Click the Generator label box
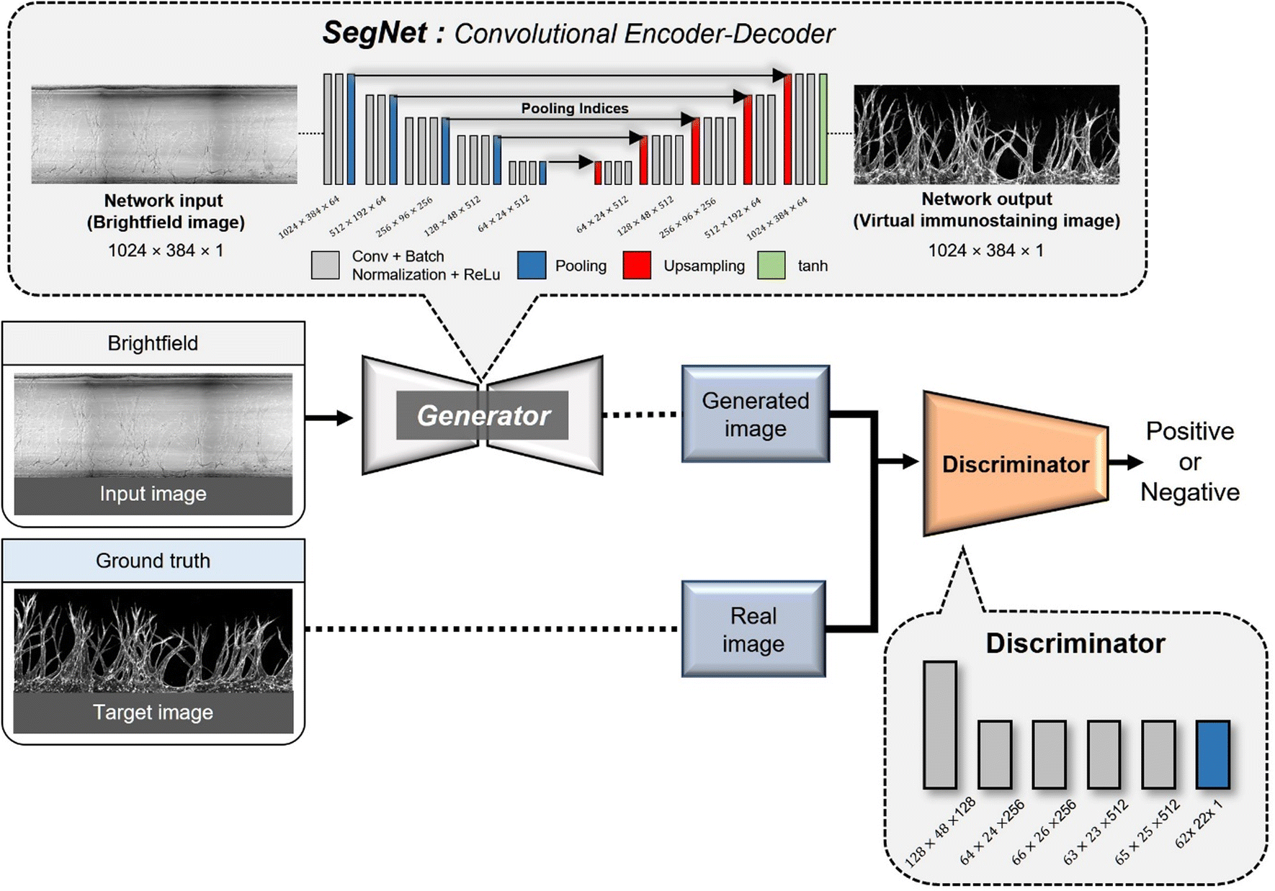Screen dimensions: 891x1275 (482, 415)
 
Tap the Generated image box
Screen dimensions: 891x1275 (755, 414)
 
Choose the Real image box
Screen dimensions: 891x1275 (753, 629)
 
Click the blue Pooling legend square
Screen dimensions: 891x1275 (532, 266)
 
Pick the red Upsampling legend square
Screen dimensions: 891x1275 (637, 266)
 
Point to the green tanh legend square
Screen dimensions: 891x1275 (771, 266)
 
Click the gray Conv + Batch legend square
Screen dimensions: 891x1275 (325, 266)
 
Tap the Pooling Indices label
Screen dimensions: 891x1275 (574, 109)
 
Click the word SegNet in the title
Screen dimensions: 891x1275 (375, 33)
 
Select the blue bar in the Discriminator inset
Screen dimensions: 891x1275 (1212, 754)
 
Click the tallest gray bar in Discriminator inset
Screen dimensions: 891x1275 (939, 725)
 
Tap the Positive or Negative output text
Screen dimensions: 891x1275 (1189, 461)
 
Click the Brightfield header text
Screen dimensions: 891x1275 (153, 343)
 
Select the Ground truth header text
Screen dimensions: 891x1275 (153, 561)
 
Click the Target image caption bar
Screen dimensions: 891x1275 (153, 713)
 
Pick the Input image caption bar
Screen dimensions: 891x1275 (153, 494)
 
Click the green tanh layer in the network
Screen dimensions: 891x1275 (823, 130)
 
